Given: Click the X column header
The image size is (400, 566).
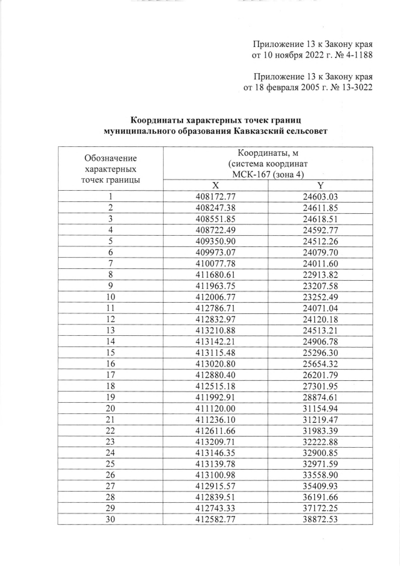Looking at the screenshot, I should [215, 186].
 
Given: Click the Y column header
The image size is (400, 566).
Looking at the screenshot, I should [320, 186].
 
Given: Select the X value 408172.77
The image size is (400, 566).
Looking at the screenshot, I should [215, 197].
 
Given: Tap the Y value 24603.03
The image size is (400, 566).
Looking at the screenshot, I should [320, 197].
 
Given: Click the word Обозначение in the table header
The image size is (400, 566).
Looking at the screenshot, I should [110, 158].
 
